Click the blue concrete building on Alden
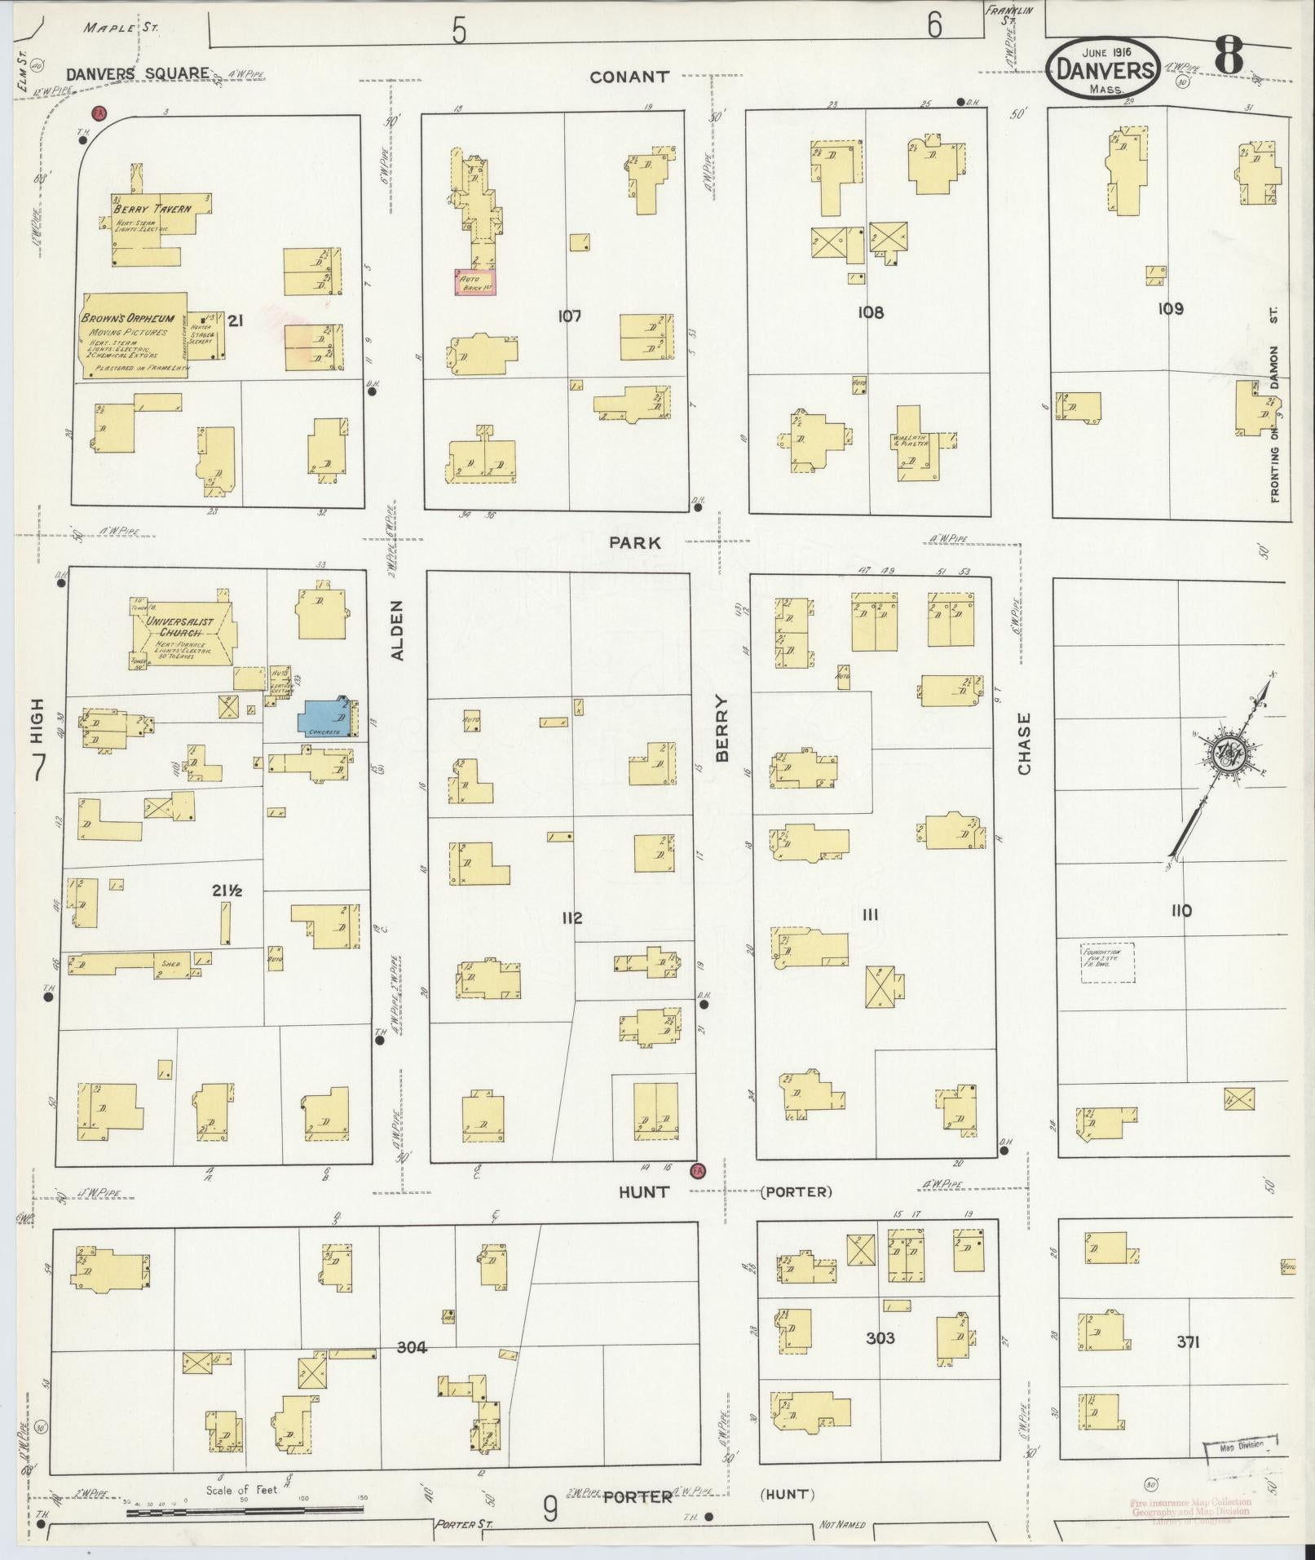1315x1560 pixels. click(327, 718)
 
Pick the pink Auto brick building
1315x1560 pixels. click(474, 281)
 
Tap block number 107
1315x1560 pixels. click(569, 316)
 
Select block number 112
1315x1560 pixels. click(571, 918)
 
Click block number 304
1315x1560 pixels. click(412, 1347)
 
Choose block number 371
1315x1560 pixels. click(1187, 1341)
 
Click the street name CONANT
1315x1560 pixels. click(629, 77)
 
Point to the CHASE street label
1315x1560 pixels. click(1024, 744)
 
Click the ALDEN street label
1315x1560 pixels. click(397, 630)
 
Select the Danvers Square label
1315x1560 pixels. click(137, 73)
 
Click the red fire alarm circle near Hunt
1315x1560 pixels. click(697, 1170)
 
